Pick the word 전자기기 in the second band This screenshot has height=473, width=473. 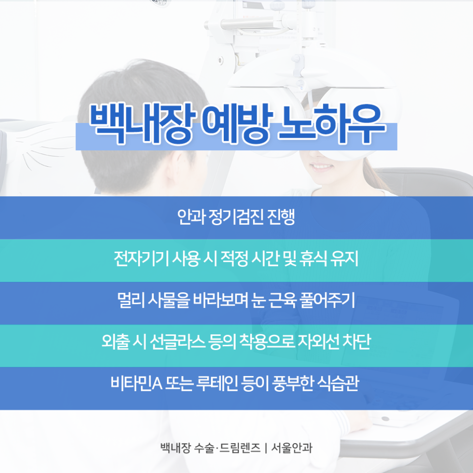[x=141, y=259]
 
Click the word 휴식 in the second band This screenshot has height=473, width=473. [x=313, y=259]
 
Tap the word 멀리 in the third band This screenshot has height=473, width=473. [x=131, y=300]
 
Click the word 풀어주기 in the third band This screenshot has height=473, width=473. [x=327, y=300]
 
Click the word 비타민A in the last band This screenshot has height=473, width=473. [x=136, y=383]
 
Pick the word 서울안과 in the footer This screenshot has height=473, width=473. [x=292, y=448]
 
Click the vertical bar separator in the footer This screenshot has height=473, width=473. [x=266, y=448]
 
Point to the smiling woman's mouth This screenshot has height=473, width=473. [x=323, y=166]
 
